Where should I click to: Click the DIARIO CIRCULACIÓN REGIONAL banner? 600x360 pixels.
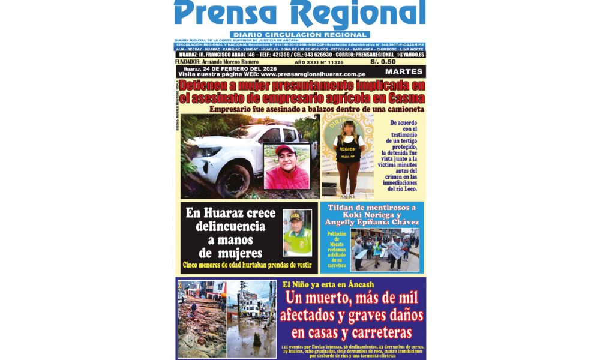pyautogui.click(x=299, y=35)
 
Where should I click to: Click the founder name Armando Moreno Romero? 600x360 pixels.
pyautogui.click(x=230, y=62)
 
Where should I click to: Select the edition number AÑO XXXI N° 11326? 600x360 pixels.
pyautogui.click(x=319, y=62)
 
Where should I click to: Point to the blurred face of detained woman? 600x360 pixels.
pyautogui.click(x=348, y=127)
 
